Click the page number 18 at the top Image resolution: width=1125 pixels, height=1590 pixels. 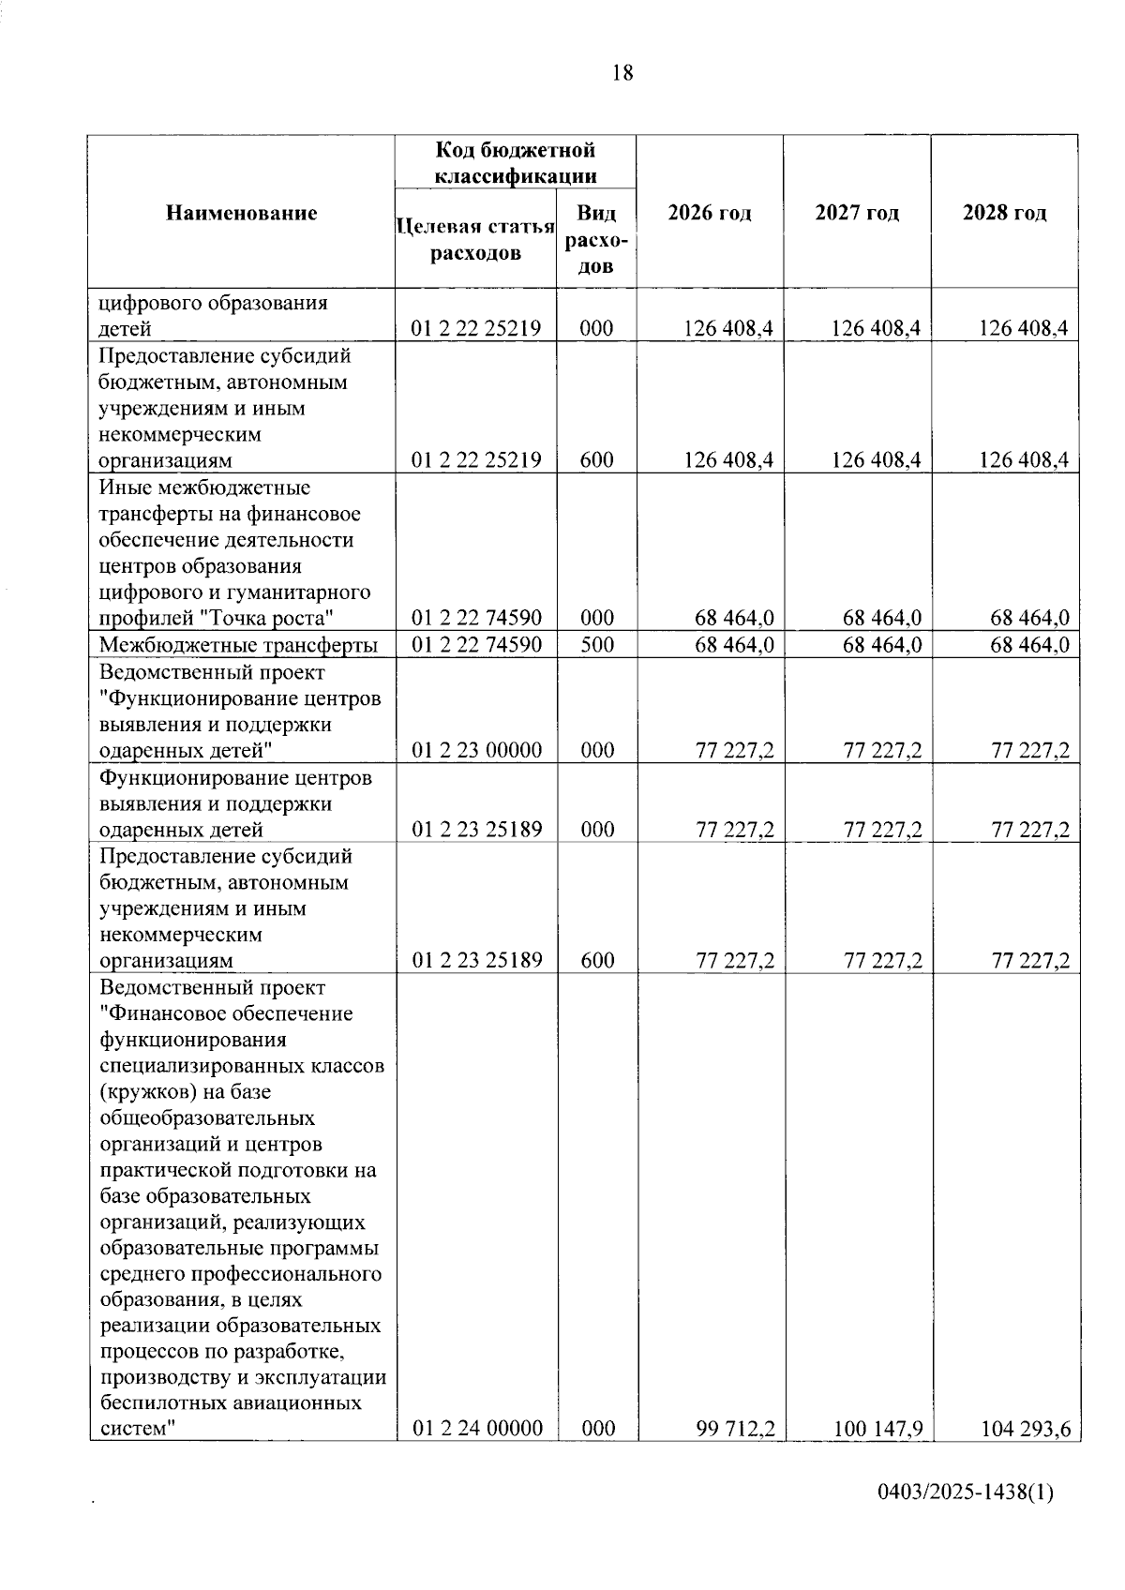pos(622,72)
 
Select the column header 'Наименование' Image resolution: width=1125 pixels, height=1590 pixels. pos(242,213)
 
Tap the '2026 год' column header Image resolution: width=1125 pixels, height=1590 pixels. pos(710,213)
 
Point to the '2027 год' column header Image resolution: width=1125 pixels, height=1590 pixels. pos(857,213)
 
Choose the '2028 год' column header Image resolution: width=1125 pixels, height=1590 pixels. pos(1005,213)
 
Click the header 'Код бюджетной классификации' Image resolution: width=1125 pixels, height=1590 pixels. pos(516,163)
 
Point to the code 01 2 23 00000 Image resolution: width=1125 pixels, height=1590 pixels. pos(477,750)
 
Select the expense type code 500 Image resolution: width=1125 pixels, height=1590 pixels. pos(596,645)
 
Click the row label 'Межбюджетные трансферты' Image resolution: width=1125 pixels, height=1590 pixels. pos(239,645)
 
